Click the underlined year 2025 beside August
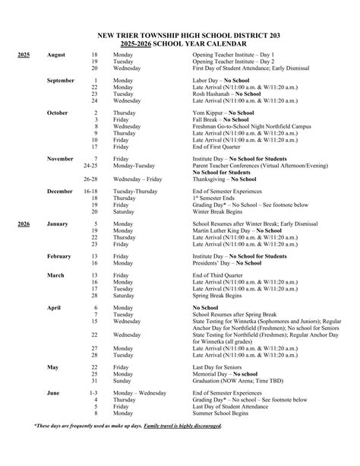(x=23, y=55)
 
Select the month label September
(x=60, y=80)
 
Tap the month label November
(x=60, y=158)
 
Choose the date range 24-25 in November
(x=90, y=164)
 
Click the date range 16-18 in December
(x=90, y=192)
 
